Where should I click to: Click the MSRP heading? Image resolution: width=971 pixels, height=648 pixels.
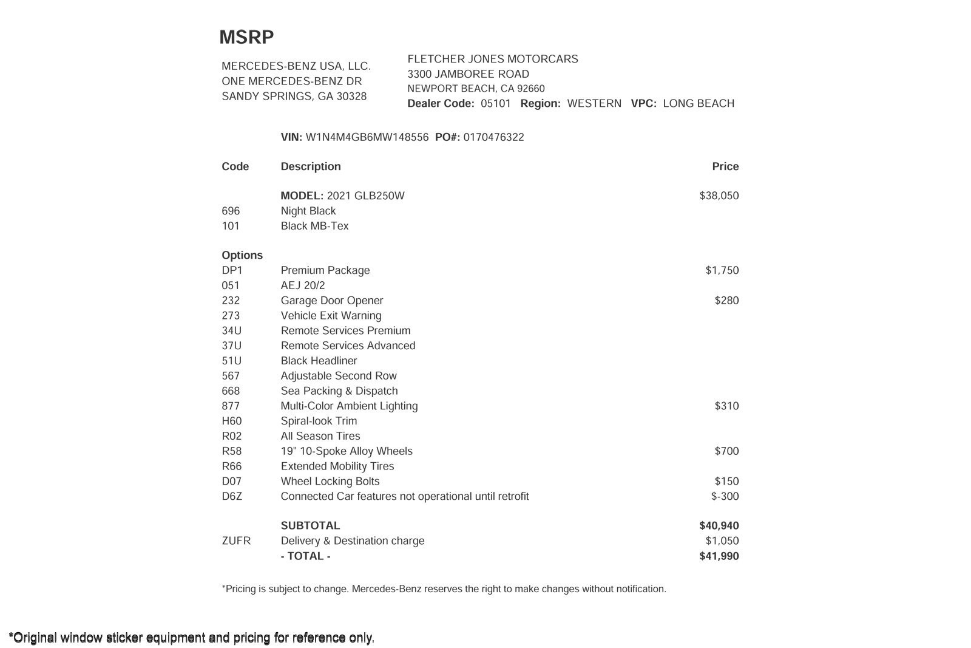tap(246, 38)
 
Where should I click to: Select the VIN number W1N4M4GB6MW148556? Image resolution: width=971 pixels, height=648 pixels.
tap(367, 137)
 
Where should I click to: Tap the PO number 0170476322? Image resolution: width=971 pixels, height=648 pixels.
tap(493, 137)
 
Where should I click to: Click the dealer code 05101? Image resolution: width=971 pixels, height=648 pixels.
tap(496, 103)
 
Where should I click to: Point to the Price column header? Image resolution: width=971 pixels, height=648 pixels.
tap(725, 166)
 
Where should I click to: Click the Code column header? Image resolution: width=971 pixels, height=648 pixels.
tap(235, 166)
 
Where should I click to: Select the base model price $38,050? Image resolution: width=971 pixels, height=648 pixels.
tap(719, 196)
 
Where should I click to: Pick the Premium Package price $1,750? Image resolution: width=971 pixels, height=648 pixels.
tap(722, 270)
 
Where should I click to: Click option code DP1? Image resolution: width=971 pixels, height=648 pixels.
tap(232, 270)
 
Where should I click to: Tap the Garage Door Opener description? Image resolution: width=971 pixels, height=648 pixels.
tap(332, 301)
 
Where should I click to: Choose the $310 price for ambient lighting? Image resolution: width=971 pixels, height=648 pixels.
tap(726, 406)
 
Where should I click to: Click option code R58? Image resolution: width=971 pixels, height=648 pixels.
tap(231, 451)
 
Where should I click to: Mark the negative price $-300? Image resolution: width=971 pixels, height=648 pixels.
tap(725, 496)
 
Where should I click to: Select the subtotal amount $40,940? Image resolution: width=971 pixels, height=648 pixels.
tap(719, 526)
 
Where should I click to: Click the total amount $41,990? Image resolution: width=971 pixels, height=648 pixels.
tap(719, 556)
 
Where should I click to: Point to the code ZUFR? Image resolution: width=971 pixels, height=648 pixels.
tap(236, 541)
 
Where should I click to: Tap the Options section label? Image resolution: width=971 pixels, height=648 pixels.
tap(242, 255)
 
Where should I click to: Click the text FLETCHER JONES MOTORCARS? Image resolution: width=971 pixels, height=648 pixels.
tap(492, 59)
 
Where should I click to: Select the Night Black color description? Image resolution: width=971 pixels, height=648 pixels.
tap(308, 211)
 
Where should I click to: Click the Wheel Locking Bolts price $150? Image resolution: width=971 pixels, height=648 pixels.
tap(726, 482)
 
